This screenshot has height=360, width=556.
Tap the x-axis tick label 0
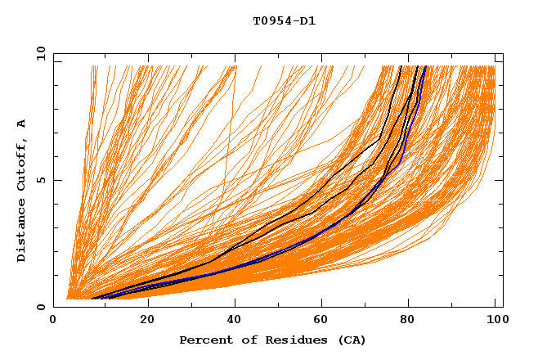tap(53, 320)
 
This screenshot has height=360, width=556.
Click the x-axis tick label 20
tap(147, 320)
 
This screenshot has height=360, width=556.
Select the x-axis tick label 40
tap(236, 320)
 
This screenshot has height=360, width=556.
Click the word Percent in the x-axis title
tap(203, 340)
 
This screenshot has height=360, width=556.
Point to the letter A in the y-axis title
tap(22, 124)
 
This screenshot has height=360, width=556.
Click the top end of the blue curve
tap(425, 66)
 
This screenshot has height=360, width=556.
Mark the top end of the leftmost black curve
tap(401, 66)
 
